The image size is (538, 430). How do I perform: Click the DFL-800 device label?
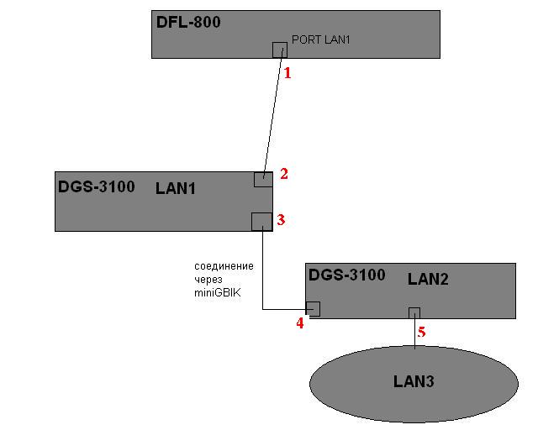pos(188,23)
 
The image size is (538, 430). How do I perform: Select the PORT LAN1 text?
pos(320,39)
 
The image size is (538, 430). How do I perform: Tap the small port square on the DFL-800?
pos(280,49)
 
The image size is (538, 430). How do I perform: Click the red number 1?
pos(287,73)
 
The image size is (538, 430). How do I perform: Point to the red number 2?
pos(284,174)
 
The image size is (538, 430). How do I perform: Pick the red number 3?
pos(282,219)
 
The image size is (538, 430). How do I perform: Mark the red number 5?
pos(422,333)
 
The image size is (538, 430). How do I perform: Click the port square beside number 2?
pos(263,179)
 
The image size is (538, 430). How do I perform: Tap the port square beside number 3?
pos(261,221)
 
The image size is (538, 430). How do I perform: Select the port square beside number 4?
pos(313,308)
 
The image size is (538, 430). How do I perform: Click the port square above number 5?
pos(414,313)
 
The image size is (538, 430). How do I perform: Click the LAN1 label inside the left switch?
pos(176,188)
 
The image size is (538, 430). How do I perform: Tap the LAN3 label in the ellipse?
pos(414,382)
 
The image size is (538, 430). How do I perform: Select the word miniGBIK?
pos(217,293)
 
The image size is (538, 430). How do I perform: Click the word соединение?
pos(224,266)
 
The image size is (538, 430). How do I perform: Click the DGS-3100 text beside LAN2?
pos(347,275)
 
